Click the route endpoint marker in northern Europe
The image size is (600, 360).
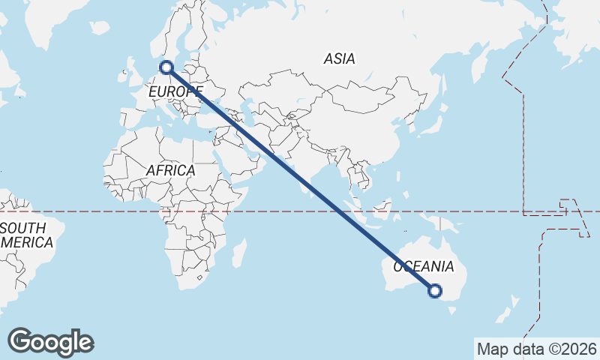166,67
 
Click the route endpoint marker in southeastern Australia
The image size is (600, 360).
434,291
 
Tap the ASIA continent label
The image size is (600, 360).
339,58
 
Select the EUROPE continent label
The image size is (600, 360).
175,91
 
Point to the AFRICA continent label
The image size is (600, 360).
170,170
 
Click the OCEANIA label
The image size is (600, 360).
424,266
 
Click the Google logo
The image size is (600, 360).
50,342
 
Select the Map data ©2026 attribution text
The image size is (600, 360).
536,349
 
